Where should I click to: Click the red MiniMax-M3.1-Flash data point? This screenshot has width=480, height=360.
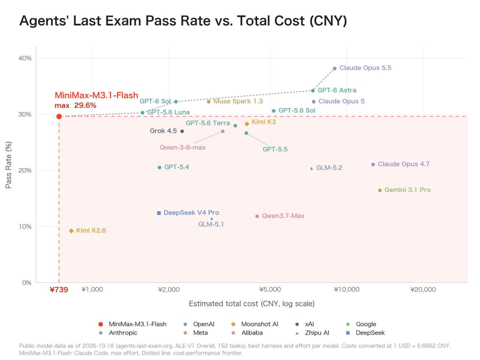59,116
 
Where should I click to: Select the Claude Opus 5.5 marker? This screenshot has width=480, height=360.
335,68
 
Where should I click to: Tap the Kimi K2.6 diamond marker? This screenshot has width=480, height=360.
71,231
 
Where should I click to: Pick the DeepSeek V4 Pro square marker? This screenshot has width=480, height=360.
159,213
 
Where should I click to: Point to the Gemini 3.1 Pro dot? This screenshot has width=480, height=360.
380,190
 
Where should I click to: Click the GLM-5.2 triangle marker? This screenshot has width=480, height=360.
311,168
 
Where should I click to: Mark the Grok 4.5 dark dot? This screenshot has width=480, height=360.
182,131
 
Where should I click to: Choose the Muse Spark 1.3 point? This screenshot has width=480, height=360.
209,102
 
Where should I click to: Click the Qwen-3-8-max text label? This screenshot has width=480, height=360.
183,148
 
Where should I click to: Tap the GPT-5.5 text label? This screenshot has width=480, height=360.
275,149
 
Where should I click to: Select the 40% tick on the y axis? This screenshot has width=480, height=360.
25,58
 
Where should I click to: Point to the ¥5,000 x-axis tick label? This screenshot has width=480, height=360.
270,290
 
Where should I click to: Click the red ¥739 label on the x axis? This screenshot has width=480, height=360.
59,290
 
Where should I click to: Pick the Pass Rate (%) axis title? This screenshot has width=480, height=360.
8,165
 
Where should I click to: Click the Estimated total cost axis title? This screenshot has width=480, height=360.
252,304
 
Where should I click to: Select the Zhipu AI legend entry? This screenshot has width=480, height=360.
312,333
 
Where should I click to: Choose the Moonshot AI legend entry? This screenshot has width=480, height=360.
255,324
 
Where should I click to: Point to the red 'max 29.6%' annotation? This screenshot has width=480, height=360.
75,106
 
